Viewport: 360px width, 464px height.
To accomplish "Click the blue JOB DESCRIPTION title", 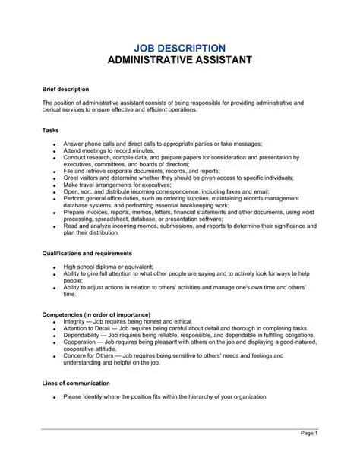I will click(179, 47).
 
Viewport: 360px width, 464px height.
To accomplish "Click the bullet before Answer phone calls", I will click(53, 144).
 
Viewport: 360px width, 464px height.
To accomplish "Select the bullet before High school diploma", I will click(53, 267).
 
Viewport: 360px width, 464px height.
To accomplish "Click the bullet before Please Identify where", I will click(53, 397).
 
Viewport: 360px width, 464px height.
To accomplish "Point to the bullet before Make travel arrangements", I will click(53, 185).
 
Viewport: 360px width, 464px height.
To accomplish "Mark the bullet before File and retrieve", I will click(53, 171).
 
